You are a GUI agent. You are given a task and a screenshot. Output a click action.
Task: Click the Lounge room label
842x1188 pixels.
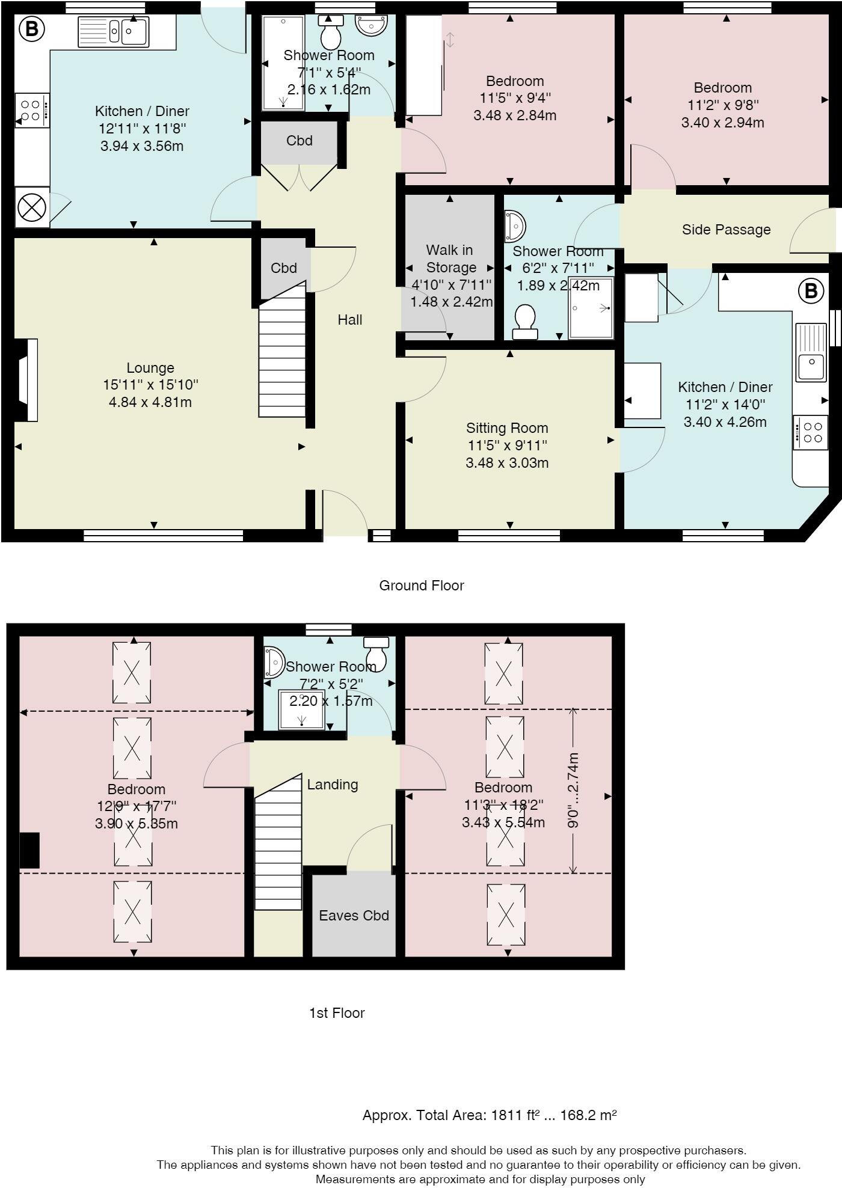coord(150,368)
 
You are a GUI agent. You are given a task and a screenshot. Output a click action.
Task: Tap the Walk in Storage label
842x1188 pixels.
coord(450,259)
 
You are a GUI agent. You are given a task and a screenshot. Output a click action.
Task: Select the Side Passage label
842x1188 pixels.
coord(726,230)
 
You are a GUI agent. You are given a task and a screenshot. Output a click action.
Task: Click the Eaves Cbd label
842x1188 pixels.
coord(354,916)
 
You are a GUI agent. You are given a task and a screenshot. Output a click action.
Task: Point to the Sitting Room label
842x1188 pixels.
coord(507,428)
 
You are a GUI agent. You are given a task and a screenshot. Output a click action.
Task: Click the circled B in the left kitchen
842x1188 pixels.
coord(31,29)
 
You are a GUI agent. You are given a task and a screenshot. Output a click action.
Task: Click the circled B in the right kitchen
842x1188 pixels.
coord(810,292)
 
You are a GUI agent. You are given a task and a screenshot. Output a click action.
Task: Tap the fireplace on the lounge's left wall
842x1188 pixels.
coord(27,380)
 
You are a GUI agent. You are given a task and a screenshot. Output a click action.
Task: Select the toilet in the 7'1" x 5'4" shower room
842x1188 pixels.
coord(331,33)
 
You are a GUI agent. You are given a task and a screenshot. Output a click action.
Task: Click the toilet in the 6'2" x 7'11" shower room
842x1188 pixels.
coord(525,320)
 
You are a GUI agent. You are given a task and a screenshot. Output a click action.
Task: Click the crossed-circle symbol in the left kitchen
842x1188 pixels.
coord(32,208)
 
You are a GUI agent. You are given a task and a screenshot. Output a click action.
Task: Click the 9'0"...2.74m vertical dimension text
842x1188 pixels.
coord(573,790)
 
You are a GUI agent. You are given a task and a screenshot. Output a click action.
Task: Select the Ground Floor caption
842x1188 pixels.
coord(421,586)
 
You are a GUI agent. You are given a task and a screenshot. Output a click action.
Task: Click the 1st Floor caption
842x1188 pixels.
coord(337,1013)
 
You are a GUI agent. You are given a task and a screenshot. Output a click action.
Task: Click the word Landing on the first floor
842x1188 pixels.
coord(332,785)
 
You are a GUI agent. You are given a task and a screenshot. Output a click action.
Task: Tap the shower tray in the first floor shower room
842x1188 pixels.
coord(302,709)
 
